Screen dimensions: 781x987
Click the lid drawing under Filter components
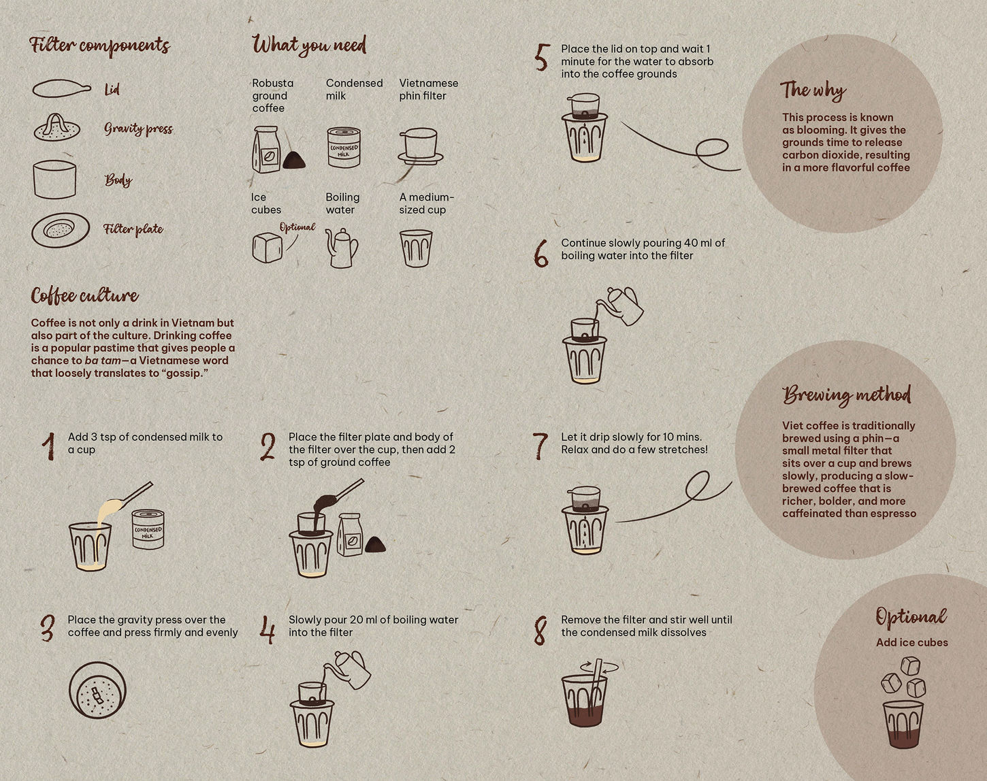pyautogui.click(x=61, y=88)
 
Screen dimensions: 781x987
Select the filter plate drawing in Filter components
pyautogui.click(x=60, y=230)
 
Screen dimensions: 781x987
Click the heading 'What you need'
pyautogui.click(x=309, y=45)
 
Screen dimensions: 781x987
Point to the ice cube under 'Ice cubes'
pyautogui.click(x=267, y=248)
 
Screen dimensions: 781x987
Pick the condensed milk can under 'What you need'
pyautogui.click(x=344, y=148)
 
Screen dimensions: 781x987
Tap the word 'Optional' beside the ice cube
pyautogui.click(x=297, y=227)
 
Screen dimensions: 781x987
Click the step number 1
pyautogui.click(x=48, y=446)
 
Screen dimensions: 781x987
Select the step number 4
pyautogui.click(x=268, y=629)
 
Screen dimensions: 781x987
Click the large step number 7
pyautogui.click(x=540, y=446)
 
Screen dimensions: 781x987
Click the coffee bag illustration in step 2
pyautogui.click(x=350, y=535)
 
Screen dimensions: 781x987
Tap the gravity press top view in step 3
pyautogui.click(x=97, y=689)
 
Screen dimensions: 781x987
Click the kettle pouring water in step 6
pyautogui.click(x=623, y=304)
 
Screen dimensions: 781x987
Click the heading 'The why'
pyautogui.click(x=813, y=90)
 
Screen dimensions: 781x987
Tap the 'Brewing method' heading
pyautogui.click(x=846, y=395)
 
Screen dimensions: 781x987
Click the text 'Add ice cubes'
pyautogui.click(x=911, y=642)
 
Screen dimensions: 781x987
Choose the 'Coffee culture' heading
pyautogui.click(x=84, y=295)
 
